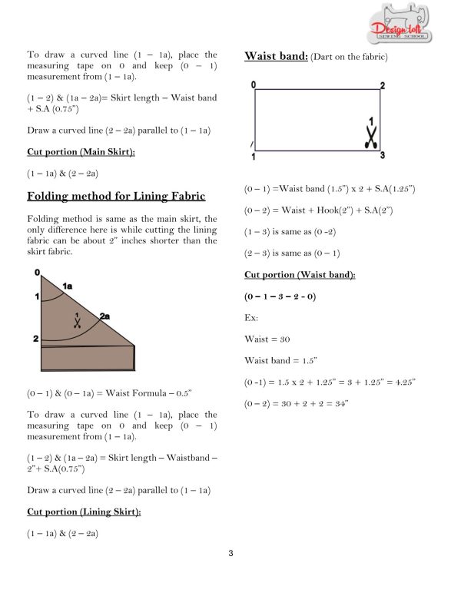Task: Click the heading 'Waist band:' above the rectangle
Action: tap(275, 55)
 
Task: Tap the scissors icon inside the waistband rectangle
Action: tap(370, 137)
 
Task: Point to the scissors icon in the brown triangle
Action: tap(76, 322)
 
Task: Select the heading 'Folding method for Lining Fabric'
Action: tap(116, 197)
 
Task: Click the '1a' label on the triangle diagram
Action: tap(67, 286)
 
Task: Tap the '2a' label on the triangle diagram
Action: tap(104, 316)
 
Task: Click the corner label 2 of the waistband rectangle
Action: tap(383, 85)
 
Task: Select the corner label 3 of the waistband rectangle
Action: tap(383, 156)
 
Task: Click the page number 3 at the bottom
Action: tap(230, 553)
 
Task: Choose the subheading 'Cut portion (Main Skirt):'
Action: tap(81, 152)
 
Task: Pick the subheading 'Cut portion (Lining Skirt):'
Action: tap(84, 511)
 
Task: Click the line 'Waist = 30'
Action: tap(267, 339)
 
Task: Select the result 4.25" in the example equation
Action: tap(403, 382)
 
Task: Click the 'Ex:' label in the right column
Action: tap(251, 317)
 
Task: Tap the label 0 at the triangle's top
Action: tap(37, 273)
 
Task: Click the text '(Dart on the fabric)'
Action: tap(349, 57)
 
